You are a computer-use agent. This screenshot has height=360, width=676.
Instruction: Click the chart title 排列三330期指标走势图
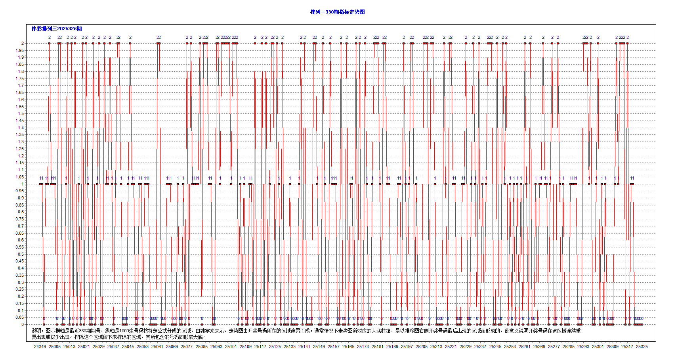pyautogui.click(x=337, y=12)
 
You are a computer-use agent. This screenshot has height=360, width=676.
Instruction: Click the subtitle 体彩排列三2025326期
pyautogui.click(x=57, y=29)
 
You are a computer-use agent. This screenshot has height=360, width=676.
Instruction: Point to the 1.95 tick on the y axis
pyautogui.click(x=19, y=50)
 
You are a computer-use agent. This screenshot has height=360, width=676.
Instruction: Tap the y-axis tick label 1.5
pyautogui.click(x=21, y=113)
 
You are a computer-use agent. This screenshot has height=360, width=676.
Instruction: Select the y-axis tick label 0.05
pyautogui.click(x=19, y=317)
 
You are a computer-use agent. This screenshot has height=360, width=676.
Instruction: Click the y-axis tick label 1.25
pyautogui.click(x=19, y=149)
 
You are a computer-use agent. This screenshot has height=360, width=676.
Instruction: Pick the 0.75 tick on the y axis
pyautogui.click(x=19, y=219)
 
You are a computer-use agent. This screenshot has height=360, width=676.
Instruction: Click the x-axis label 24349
pyautogui.click(x=40, y=347)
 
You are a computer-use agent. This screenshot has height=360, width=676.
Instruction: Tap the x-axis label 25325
pyautogui.click(x=642, y=347)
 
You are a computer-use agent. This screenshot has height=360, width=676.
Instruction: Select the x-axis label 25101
pyautogui.click(x=231, y=347)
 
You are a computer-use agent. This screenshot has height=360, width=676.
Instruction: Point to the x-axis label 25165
pyautogui.click(x=348, y=347)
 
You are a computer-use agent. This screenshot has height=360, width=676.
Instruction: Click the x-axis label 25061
pyautogui.click(x=157, y=347)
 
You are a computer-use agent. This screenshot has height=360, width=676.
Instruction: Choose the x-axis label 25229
pyautogui.click(x=466, y=347)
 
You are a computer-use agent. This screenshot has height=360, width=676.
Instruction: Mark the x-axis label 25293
pyautogui.click(x=583, y=347)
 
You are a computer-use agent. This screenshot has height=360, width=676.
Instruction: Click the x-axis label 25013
pyautogui.click(x=69, y=347)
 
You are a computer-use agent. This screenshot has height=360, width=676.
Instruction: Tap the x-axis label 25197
pyautogui.click(x=407, y=347)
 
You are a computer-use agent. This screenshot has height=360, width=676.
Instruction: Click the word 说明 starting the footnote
pyautogui.click(x=37, y=331)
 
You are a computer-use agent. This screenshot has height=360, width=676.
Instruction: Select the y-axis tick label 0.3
pyautogui.click(x=21, y=282)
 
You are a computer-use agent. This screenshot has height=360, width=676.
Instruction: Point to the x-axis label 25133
pyautogui.click(x=290, y=347)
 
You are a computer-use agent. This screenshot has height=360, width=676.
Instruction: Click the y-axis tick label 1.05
pyautogui.click(x=19, y=177)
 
